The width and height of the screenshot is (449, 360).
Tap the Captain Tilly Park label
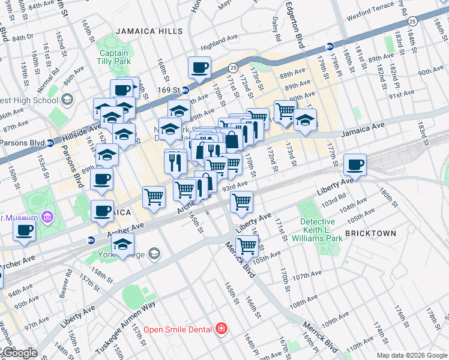pos(115,57)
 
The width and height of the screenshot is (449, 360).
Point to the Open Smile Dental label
pos(177,329)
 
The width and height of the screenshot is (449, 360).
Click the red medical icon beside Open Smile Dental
pos(222,329)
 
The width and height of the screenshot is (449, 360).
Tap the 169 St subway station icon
pos(185,91)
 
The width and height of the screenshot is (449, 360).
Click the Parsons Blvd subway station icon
pos(50,143)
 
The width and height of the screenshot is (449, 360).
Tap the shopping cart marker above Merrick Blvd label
pos(247,245)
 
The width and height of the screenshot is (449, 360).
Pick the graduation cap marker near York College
pos(123,245)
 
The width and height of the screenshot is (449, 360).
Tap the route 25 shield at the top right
pos(412,22)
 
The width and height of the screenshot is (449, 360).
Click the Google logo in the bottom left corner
pos(19,353)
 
